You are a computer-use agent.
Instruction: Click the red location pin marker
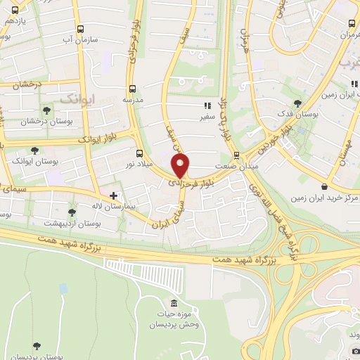point(181,166)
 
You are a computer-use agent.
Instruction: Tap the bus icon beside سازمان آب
point(81,30)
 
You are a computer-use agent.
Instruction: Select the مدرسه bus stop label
point(133,100)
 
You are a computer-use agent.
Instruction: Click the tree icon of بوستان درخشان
point(46,110)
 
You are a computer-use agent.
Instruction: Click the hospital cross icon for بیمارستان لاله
point(113,195)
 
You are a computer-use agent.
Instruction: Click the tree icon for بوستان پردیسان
point(37,347)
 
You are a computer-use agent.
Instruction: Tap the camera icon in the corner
point(355,351)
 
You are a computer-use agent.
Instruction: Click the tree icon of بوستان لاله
point(72,212)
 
